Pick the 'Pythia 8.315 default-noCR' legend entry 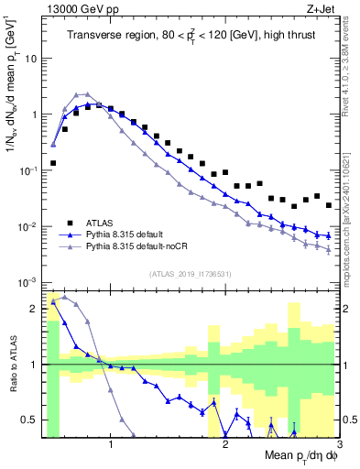click(x=146, y=247)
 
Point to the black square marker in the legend click(x=70, y=223)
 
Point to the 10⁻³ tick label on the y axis click(x=27, y=282)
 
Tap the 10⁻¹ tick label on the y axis click(x=27, y=170)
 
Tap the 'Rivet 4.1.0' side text click(x=352, y=55)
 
